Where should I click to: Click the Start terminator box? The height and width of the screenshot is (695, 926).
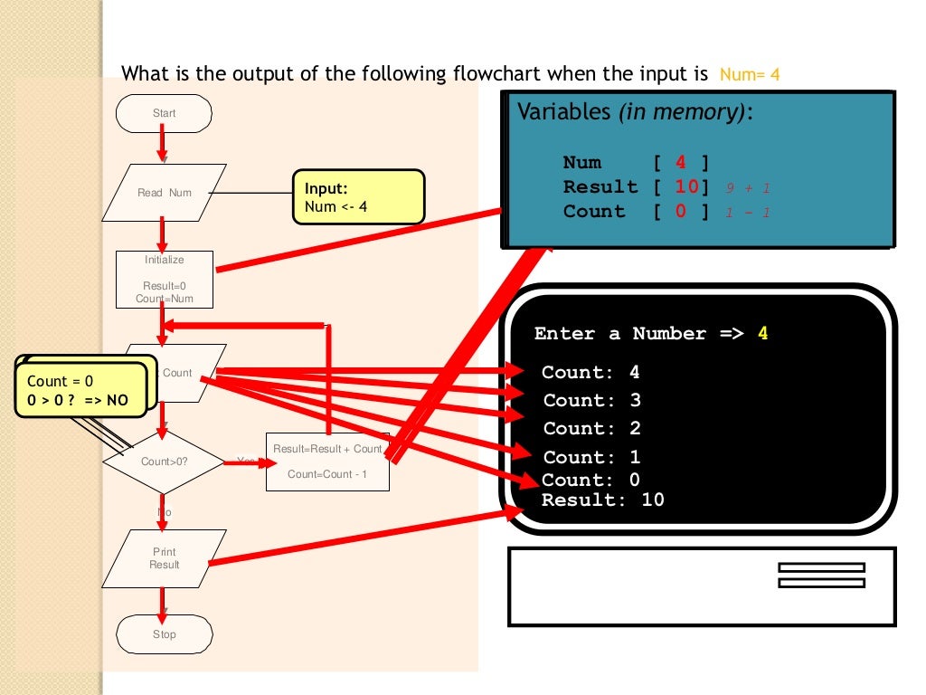[x=164, y=113]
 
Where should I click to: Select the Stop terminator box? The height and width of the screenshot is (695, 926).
[x=164, y=634]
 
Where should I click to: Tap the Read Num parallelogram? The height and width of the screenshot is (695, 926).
[x=164, y=193]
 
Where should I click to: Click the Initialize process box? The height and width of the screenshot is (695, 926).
[x=164, y=279]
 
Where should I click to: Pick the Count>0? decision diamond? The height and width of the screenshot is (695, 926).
[x=163, y=462]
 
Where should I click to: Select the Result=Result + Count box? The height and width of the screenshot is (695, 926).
[x=327, y=462]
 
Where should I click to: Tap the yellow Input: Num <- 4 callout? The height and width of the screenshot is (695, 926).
[x=358, y=197]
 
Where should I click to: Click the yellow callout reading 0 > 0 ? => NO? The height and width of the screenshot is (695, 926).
[x=80, y=391]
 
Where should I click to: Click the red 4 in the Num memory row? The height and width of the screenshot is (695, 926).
[x=680, y=163]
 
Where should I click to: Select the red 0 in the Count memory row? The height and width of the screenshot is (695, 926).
[x=680, y=212]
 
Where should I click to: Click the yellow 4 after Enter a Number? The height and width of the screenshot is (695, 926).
[x=762, y=334]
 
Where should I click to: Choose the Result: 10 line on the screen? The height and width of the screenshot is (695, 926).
[x=602, y=500]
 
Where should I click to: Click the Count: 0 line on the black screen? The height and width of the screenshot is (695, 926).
[x=591, y=480]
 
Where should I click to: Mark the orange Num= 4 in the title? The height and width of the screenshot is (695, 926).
[x=750, y=74]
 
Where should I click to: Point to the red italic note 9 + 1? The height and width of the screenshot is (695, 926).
[x=746, y=188]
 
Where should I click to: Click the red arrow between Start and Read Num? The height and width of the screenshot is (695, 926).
[x=162, y=143]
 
